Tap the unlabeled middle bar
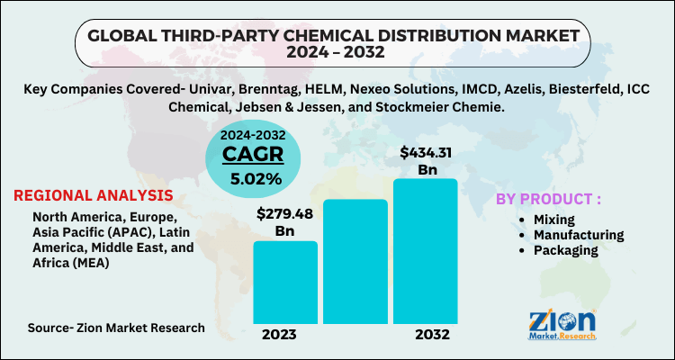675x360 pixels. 355,261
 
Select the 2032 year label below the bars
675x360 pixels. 426,335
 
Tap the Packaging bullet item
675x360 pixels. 563,250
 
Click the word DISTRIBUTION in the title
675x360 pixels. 427,34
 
